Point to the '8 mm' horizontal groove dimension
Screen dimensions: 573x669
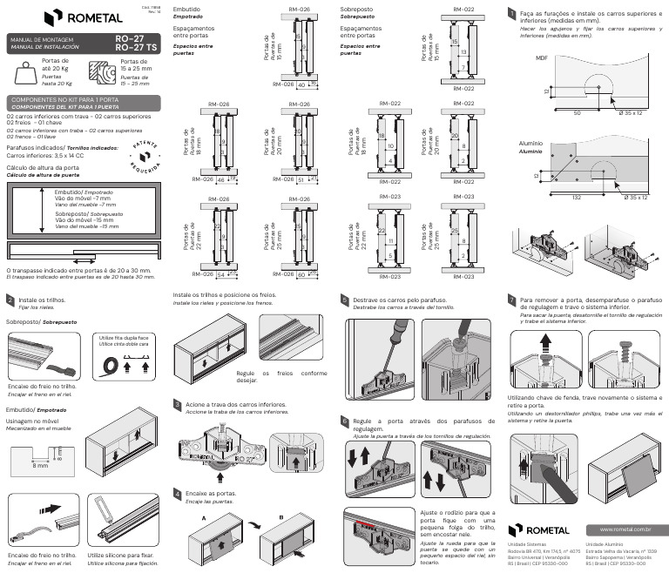pyautogui.click(x=40, y=467)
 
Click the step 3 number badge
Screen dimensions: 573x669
pyautogui.click(x=178, y=405)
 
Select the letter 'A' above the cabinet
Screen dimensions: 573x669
pyautogui.click(x=203, y=517)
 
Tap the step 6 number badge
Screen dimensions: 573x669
pyautogui.click(x=345, y=421)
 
